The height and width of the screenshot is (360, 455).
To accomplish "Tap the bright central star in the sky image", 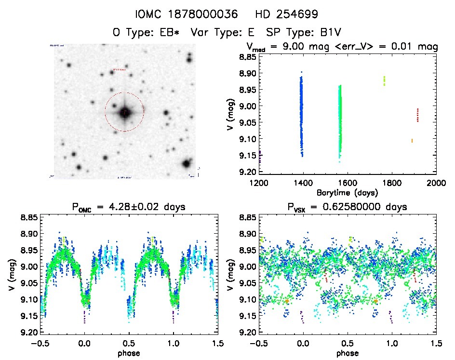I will (124, 112).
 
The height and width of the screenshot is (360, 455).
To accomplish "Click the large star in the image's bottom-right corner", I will (187, 163).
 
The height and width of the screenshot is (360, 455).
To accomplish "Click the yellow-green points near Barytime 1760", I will (384, 80).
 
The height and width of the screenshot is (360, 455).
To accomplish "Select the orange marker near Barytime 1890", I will (412, 141).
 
